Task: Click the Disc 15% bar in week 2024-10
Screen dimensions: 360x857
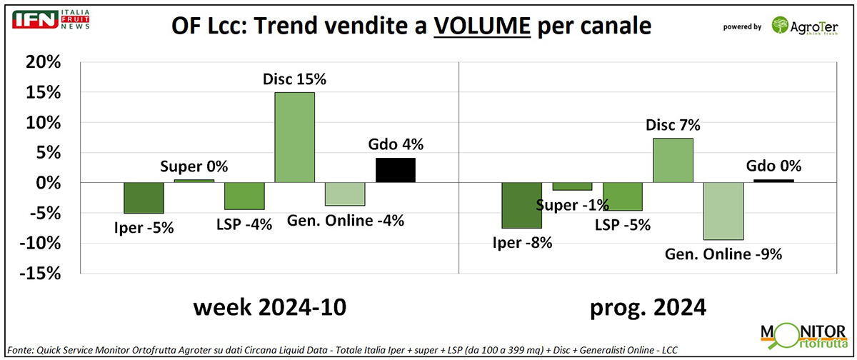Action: [294, 138]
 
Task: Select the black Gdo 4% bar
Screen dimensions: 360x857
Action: [395, 170]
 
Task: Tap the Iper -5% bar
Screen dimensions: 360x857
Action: [144, 198]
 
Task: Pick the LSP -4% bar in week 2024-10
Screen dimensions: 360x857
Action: [244, 196]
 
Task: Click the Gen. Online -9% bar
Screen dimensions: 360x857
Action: [723, 211]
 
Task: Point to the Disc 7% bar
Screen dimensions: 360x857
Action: [673, 161]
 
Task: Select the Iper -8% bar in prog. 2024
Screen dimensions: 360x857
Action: [521, 206]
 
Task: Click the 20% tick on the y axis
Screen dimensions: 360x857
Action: [41, 63]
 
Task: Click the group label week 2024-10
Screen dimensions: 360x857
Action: [269, 308]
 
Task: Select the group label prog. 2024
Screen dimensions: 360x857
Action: [647, 308]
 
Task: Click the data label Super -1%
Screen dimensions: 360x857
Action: [573, 206]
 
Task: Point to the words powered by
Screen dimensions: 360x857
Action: [742, 27]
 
